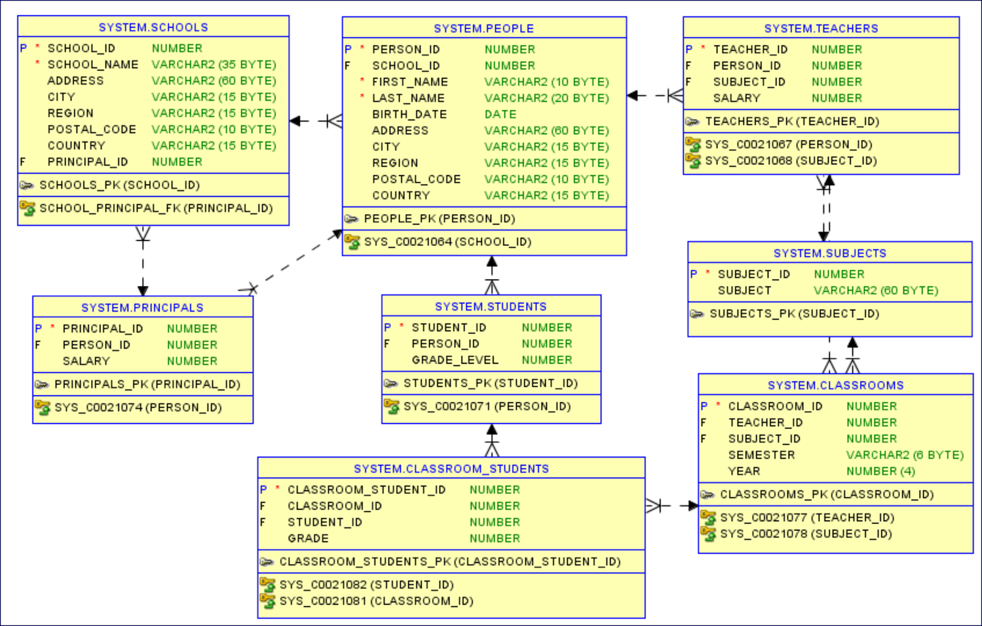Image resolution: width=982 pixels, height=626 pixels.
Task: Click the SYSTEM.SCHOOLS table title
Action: coord(153,28)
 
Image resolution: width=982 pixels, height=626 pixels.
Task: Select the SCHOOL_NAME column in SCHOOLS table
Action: coord(93,64)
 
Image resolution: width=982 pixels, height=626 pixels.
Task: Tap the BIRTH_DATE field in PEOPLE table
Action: coord(409,114)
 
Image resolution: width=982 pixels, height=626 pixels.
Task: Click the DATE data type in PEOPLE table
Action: coord(500,114)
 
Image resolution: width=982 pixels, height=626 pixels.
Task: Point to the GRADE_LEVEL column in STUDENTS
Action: coord(455,360)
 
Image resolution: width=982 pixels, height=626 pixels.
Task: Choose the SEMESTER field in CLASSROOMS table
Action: coord(761,455)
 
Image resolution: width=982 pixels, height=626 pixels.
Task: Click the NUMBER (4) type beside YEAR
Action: coord(880,471)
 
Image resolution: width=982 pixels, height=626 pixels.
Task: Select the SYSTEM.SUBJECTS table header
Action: coord(830,253)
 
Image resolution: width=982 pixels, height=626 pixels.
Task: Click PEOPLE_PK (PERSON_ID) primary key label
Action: coord(439,219)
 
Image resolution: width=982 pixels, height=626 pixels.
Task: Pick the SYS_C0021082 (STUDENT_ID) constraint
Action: coord(366,585)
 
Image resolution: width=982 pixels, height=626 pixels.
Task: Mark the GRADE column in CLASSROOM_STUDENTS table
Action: coord(308,538)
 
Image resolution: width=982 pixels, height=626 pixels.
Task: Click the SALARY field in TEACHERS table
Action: coord(736,98)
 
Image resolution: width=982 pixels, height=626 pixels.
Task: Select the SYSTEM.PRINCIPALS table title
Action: coord(142,308)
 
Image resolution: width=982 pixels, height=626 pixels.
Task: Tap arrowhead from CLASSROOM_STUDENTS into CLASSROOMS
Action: coord(693,506)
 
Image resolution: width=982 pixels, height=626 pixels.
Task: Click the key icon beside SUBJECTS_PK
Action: coord(697,314)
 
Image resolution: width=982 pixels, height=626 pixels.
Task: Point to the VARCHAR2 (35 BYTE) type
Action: coord(214,64)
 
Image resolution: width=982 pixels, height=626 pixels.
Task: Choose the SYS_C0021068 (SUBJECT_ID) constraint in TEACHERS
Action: coord(791,161)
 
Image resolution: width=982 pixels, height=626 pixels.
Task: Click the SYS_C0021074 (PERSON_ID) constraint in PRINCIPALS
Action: coord(137,408)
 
